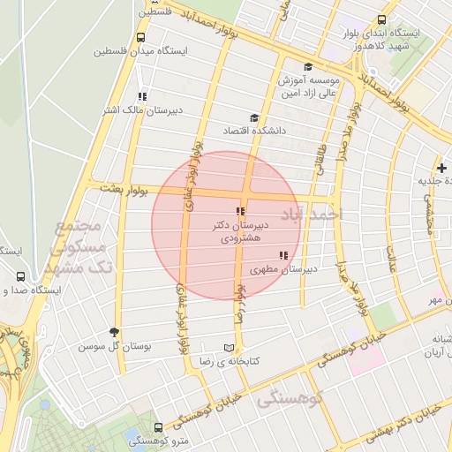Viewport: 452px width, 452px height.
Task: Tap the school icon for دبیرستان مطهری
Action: [282, 256]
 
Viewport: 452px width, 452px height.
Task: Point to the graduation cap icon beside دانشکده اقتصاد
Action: [254, 118]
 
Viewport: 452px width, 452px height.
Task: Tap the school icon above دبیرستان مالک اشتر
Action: [141, 97]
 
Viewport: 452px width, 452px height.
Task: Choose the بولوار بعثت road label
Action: [123, 188]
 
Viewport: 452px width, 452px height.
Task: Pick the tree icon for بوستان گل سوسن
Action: [114, 332]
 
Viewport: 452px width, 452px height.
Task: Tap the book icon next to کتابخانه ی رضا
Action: [230, 348]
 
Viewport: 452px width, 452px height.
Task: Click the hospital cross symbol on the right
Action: [441, 168]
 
